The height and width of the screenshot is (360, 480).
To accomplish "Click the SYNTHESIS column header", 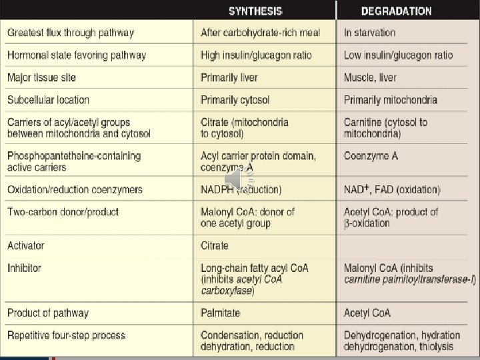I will [255, 11].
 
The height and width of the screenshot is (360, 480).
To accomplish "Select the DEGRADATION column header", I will [396, 11].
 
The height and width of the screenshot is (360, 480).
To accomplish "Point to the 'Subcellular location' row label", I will [48, 100].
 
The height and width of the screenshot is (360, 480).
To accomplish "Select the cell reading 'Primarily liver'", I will [229, 77].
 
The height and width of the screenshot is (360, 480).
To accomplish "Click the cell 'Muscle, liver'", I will [370, 77].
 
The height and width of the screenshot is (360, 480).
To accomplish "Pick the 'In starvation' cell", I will [369, 32].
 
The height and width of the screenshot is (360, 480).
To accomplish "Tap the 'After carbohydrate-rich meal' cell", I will [260, 32].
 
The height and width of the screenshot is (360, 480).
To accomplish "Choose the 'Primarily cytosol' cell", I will [235, 100].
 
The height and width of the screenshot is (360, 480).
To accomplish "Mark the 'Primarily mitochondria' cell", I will [391, 100].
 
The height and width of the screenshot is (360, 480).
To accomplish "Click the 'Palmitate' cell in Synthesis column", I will [220, 313].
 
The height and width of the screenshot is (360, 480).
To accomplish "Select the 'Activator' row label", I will [25, 245].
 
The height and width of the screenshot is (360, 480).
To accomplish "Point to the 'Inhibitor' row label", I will [24, 268].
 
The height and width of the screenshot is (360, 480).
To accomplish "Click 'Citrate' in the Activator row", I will [214, 245].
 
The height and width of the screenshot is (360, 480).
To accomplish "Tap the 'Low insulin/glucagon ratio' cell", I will [398, 55].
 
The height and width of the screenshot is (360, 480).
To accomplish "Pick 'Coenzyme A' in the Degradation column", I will [371, 156].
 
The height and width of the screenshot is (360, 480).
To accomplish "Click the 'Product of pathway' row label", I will [47, 313].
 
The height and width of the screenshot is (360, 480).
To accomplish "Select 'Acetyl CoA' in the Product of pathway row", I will [367, 313].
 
